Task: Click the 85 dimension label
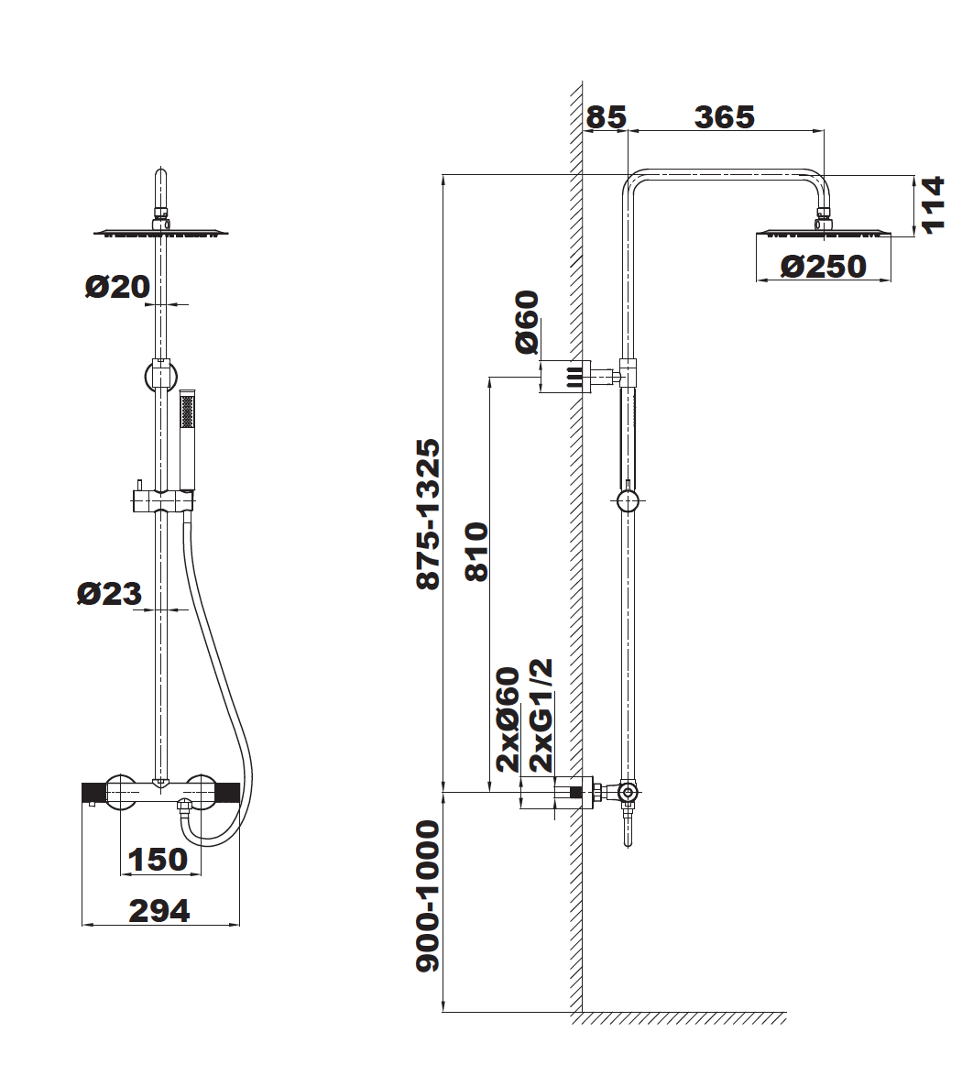[606, 116]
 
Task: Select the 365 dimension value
[725, 116]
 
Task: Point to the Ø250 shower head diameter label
[823, 266]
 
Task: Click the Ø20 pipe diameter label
[117, 286]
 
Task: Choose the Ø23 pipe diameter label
[109, 594]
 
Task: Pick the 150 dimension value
[158, 859]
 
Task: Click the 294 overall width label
[159, 911]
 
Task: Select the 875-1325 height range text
[429, 514]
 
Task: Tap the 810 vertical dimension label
[476, 552]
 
